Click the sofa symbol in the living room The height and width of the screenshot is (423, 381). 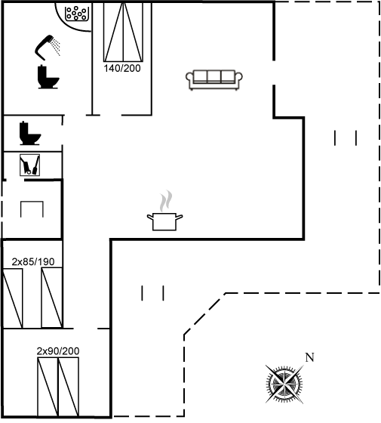point(214,80)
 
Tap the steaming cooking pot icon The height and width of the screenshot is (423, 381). point(164,211)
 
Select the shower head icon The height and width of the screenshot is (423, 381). point(48,48)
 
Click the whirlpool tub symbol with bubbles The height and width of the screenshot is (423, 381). point(76,14)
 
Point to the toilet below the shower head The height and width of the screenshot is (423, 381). point(48,77)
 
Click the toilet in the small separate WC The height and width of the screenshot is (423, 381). point(29,133)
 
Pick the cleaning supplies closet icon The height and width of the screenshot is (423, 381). point(29,165)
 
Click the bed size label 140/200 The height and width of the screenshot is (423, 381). point(122,68)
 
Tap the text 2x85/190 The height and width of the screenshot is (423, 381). point(33,261)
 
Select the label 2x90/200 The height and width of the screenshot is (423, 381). point(58,351)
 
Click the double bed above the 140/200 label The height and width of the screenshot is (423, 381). point(123,32)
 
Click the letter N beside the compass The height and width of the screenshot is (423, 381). point(309,357)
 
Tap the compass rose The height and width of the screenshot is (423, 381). point(284,384)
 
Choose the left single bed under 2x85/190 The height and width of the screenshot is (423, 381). point(13,298)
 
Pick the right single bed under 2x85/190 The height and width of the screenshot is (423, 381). point(52,298)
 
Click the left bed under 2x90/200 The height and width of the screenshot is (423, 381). point(48,387)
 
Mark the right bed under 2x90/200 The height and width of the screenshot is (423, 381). point(69,387)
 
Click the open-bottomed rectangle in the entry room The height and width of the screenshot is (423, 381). point(32,202)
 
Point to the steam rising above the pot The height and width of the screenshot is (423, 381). point(165,201)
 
